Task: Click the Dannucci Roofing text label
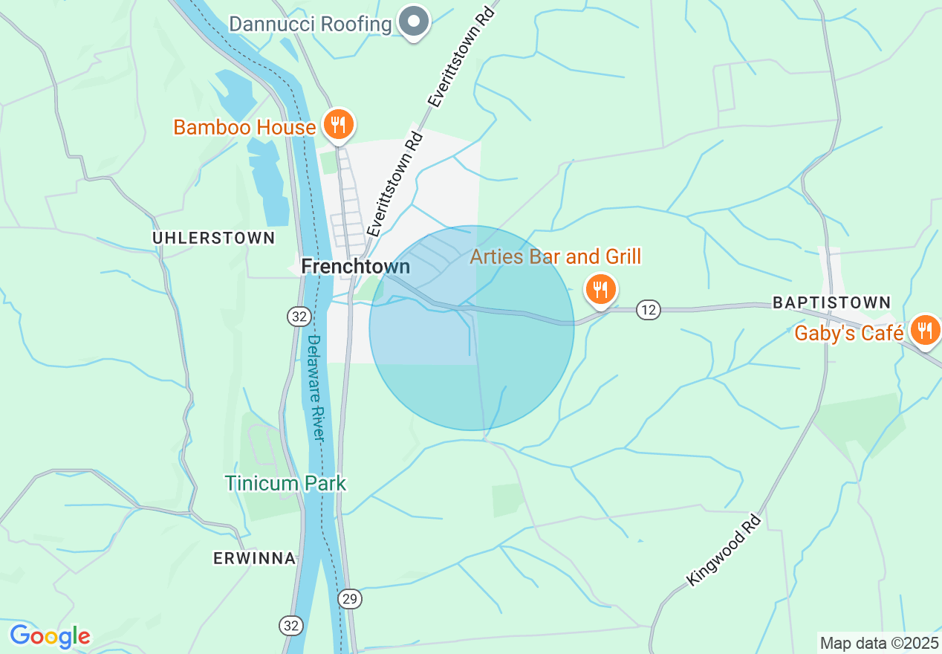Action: pyautogui.click(x=310, y=24)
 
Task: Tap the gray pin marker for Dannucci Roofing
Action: pyautogui.click(x=415, y=22)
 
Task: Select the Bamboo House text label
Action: pyautogui.click(x=244, y=128)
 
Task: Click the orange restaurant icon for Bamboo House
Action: pyautogui.click(x=338, y=124)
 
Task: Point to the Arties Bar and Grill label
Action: pyautogui.click(x=555, y=257)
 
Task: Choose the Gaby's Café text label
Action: pyautogui.click(x=848, y=333)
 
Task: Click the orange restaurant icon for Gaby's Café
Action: pyautogui.click(x=924, y=329)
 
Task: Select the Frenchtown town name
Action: pyautogui.click(x=355, y=267)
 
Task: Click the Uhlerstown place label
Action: pyautogui.click(x=213, y=239)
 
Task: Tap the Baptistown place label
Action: pyautogui.click(x=831, y=302)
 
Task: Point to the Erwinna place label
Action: pyautogui.click(x=254, y=559)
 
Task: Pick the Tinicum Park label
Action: pyautogui.click(x=285, y=484)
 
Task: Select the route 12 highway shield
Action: pyautogui.click(x=649, y=310)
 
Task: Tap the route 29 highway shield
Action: pyautogui.click(x=349, y=598)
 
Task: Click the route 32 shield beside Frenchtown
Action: pyautogui.click(x=299, y=317)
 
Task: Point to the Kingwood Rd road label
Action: pyautogui.click(x=724, y=548)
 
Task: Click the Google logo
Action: pyautogui.click(x=50, y=636)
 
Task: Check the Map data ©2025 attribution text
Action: pyautogui.click(x=879, y=643)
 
